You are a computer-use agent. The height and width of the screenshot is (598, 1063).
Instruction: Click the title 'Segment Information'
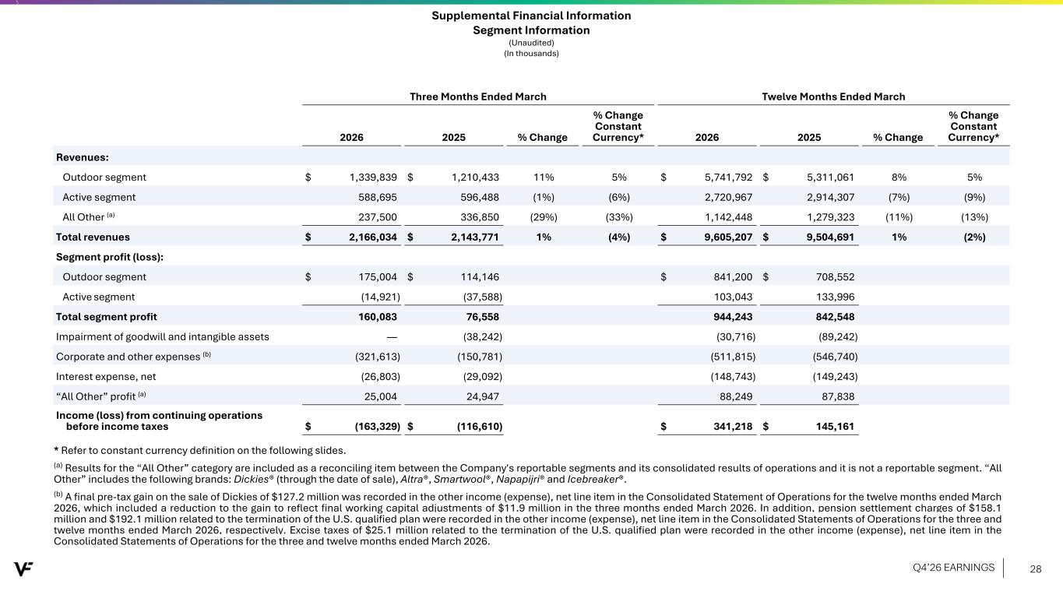coord(531,30)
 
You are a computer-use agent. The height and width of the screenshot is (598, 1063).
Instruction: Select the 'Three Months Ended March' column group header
coord(478,97)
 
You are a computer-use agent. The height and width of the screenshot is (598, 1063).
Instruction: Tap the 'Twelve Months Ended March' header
coord(833,97)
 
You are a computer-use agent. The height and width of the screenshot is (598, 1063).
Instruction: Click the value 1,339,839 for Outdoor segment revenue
coord(373,178)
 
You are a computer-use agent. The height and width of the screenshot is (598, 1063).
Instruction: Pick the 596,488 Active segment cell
coord(479,198)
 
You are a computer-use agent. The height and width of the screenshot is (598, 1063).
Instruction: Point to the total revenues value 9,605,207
coord(728,237)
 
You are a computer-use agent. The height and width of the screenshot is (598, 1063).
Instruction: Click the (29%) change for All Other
coord(544,217)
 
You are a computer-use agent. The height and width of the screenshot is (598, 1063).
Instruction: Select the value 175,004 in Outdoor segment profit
coord(377,277)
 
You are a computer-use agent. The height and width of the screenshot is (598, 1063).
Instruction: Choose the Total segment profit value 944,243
coord(733,317)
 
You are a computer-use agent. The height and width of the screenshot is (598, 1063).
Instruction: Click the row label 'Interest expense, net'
coord(106,377)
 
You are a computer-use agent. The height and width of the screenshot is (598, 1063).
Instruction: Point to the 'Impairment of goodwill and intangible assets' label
coord(162,337)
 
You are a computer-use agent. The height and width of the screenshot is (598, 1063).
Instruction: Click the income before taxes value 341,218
coord(733,427)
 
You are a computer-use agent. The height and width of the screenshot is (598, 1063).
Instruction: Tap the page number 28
coord(1036,569)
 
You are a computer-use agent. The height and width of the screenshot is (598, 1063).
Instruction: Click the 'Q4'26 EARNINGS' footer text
coord(953,568)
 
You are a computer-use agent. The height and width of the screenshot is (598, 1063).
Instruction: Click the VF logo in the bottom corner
coord(23,568)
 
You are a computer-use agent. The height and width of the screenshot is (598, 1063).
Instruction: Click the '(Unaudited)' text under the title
coord(531,43)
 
